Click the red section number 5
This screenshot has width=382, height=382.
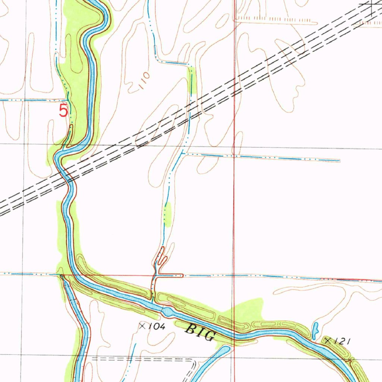point(64,110)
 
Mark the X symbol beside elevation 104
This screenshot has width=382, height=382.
point(142,326)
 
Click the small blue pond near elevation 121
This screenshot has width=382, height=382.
point(315,329)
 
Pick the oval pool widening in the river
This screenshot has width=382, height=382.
point(168,311)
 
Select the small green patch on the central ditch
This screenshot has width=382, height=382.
point(167,214)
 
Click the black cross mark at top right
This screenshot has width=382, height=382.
point(373,4)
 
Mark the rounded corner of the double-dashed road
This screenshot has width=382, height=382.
point(194,362)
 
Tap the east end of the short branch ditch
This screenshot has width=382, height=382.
point(339,161)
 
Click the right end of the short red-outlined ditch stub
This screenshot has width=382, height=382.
point(182,276)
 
